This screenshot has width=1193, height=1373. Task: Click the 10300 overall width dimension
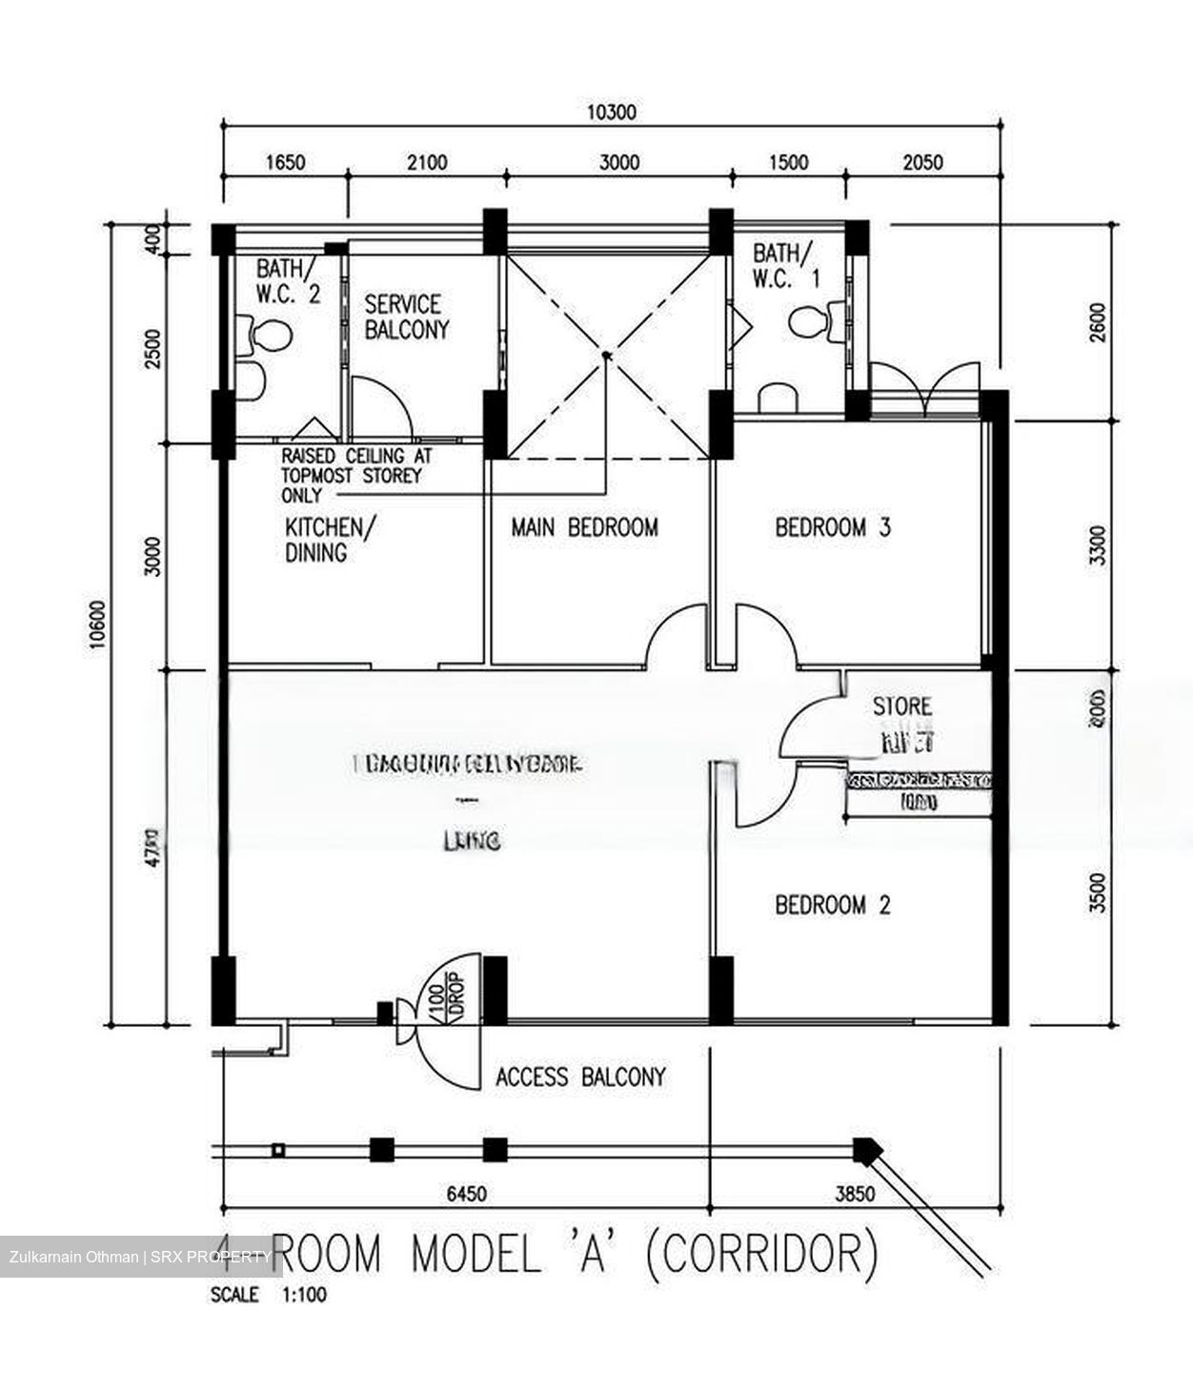[x=611, y=113]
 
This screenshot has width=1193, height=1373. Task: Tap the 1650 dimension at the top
[x=284, y=162]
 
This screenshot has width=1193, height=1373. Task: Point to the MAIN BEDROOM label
[x=584, y=527]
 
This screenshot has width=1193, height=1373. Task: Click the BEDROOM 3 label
[x=833, y=527]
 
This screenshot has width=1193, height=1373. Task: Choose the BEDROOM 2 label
[x=833, y=905]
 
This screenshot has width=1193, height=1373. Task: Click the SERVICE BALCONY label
[x=406, y=318]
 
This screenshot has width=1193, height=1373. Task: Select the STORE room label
[x=902, y=707]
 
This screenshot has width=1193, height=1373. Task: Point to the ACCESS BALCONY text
[x=580, y=1077]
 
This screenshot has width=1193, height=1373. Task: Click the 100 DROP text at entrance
[x=445, y=993]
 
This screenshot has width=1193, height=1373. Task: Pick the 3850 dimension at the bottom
[x=855, y=1194]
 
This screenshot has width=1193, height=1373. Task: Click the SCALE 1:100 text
[x=269, y=1296]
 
